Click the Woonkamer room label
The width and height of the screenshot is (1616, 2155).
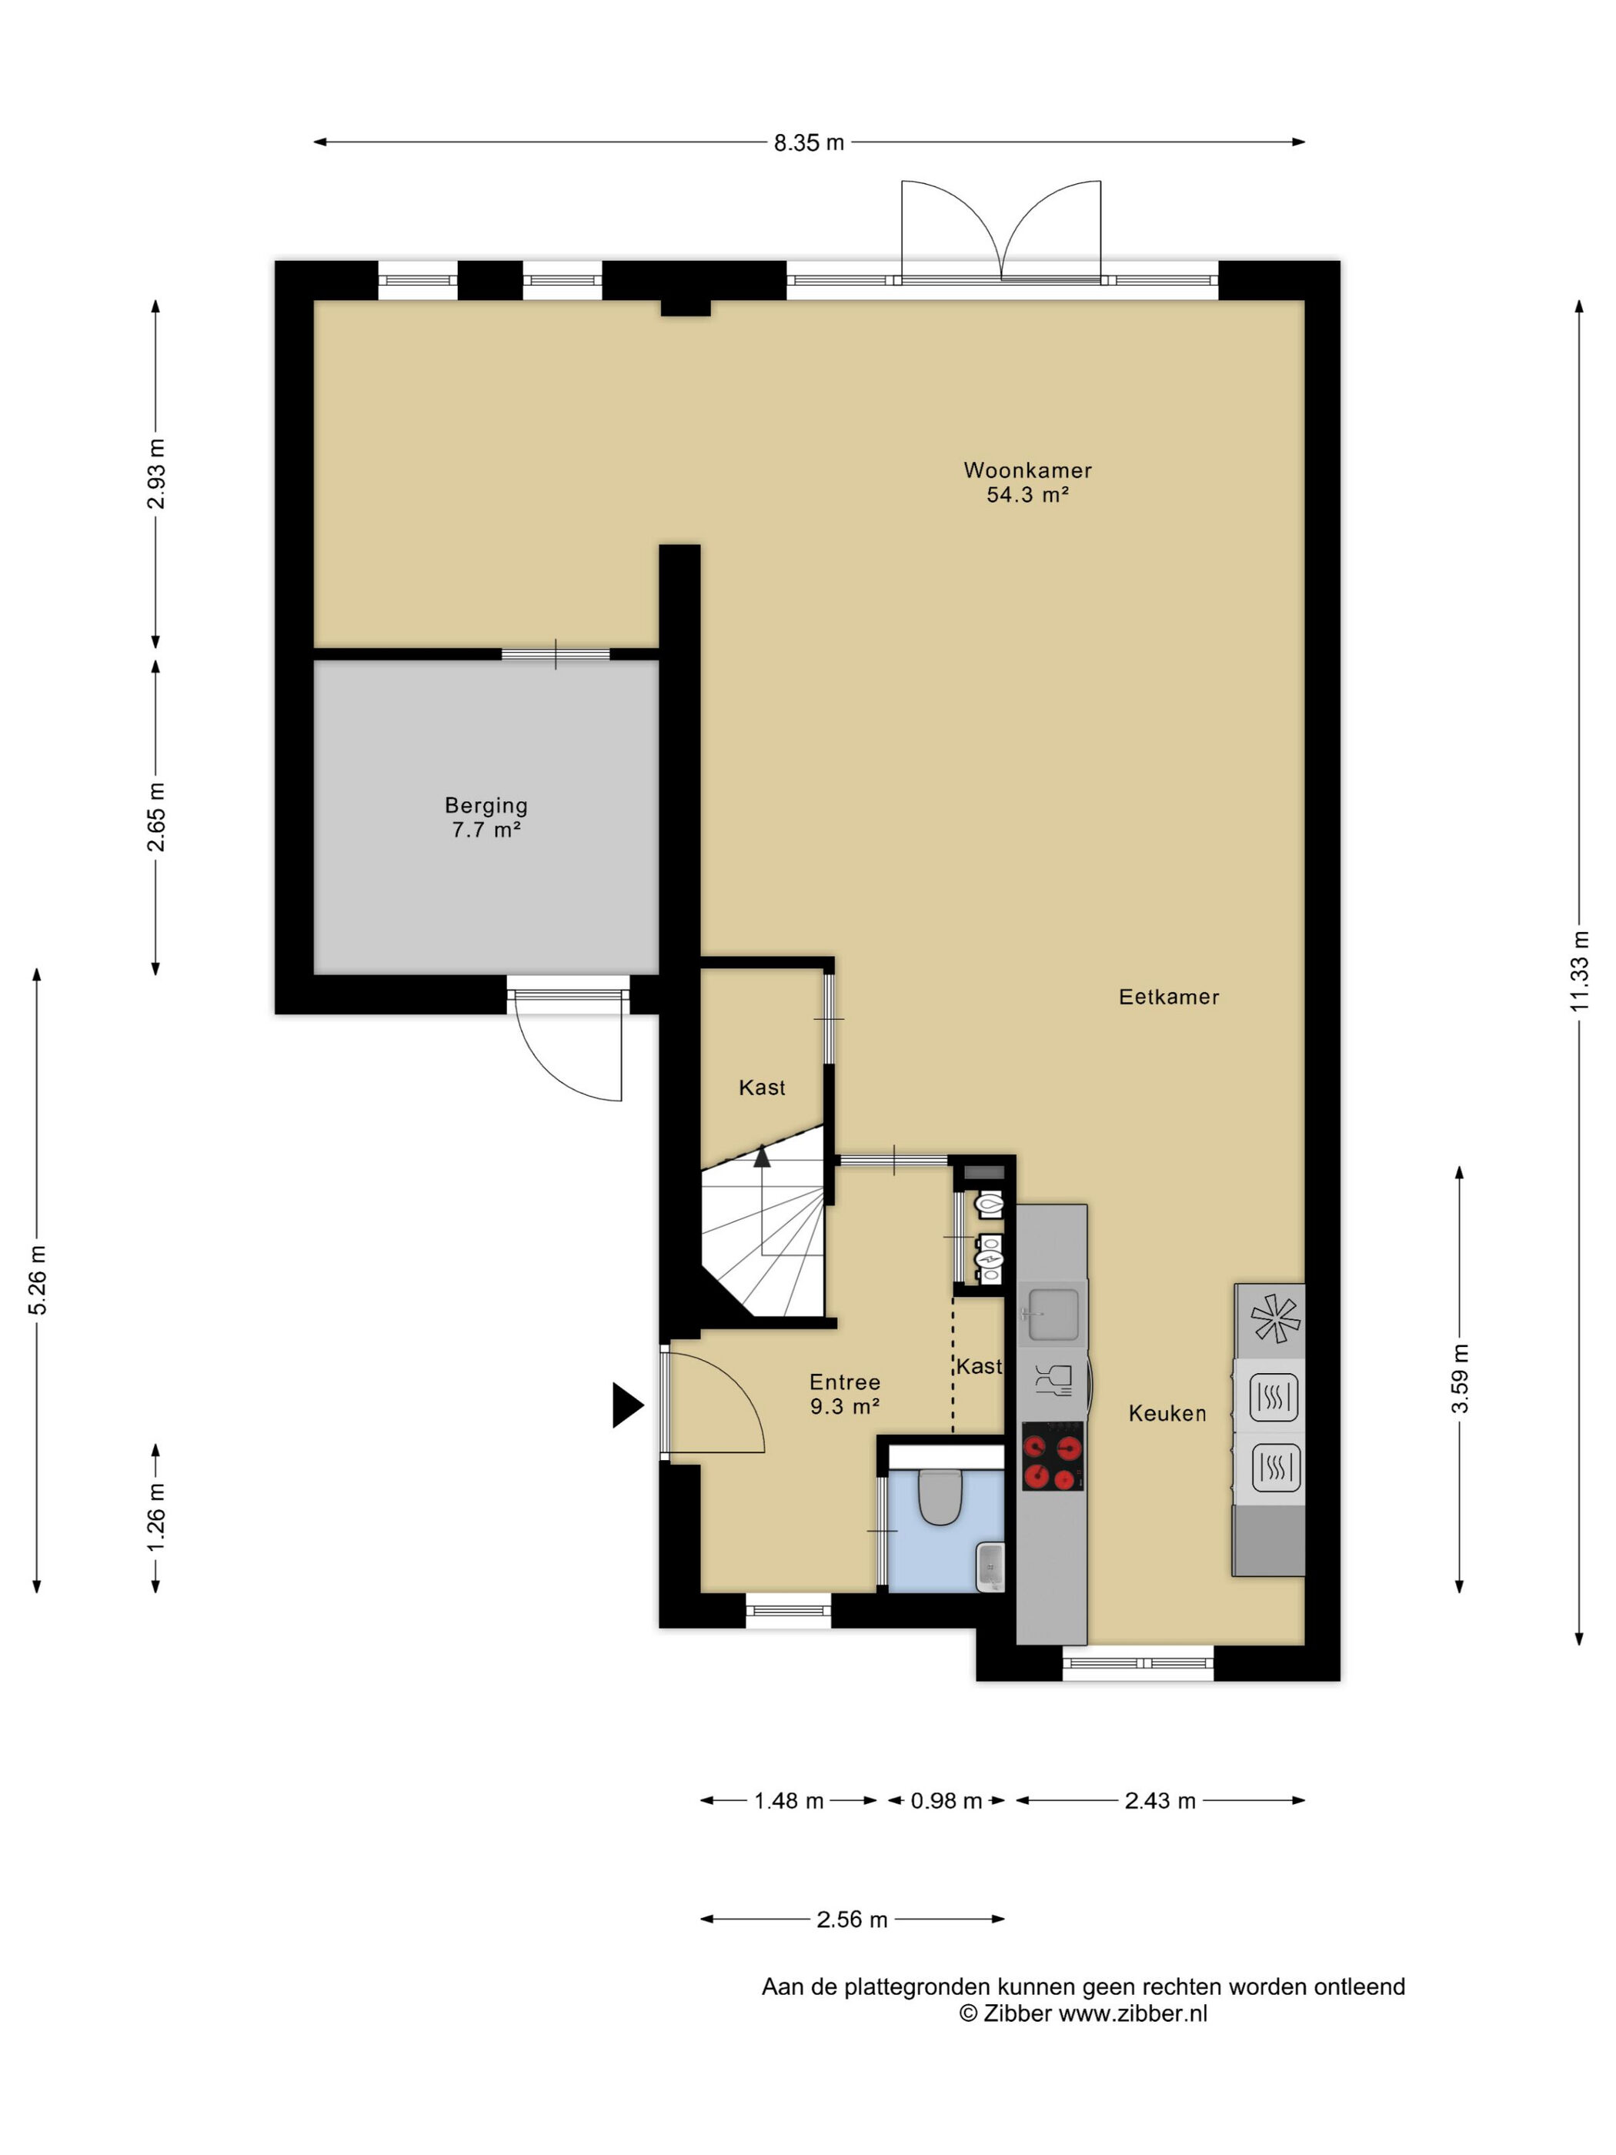(x=1027, y=469)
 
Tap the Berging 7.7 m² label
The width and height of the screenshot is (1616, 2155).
(x=486, y=817)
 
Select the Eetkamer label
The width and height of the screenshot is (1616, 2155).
(x=1169, y=997)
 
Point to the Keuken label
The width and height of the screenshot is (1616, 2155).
(x=1167, y=1412)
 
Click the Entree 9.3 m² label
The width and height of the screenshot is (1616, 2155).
(x=844, y=1394)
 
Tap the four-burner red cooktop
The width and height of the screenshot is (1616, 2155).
(x=1052, y=1456)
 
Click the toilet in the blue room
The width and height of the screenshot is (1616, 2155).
(x=941, y=1496)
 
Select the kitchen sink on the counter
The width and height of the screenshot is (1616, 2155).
(x=1052, y=1313)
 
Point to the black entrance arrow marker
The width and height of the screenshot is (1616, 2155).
(x=627, y=1405)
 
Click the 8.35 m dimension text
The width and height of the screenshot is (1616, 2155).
(x=809, y=143)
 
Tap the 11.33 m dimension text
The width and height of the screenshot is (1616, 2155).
(x=1579, y=971)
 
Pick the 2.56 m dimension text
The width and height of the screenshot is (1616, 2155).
(x=851, y=1919)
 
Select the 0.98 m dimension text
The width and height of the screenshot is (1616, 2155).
(x=946, y=1800)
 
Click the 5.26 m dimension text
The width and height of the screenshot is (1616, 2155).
(x=37, y=1279)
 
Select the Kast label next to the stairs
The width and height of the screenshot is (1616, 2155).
(x=762, y=1088)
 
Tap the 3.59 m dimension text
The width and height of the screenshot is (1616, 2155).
(x=1459, y=1378)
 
